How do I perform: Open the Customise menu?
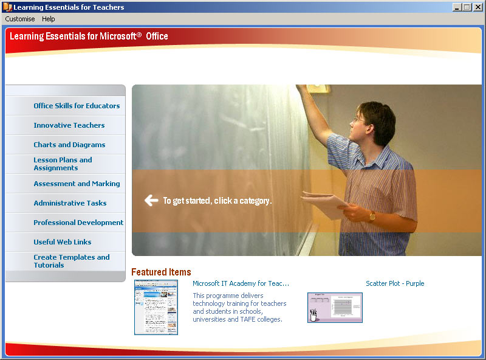pos(20,19)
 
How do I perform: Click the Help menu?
pos(49,19)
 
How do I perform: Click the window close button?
pos(477,7)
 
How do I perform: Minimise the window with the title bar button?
pos(457,7)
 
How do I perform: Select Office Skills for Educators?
pos(77,106)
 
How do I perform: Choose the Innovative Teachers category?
pos(69,125)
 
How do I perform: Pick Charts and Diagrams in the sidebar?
pos(69,145)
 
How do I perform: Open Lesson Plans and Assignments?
pos(63,164)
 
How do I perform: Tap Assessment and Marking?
pos(77,184)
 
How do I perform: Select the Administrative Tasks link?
pos(70,203)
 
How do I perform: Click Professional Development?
pos(78,223)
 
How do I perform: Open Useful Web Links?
pos(63,242)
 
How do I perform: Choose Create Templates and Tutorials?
pos(72,261)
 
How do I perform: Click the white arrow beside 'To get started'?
pos(151,201)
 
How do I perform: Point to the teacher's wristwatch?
pos(372,216)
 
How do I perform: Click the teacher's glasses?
pos(359,120)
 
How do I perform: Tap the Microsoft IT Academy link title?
pos(241,283)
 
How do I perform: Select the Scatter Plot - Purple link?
pos(395,283)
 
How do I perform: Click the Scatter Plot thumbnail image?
pos(335,308)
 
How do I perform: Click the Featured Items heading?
pos(161,272)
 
